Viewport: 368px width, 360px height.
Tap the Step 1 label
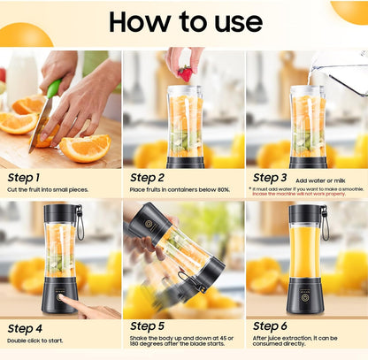click(x=24, y=177)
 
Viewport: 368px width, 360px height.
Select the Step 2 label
click(x=148, y=177)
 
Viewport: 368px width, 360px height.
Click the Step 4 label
click(x=25, y=328)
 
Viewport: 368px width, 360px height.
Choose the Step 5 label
click(x=148, y=326)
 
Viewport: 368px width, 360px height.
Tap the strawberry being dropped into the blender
click(x=184, y=73)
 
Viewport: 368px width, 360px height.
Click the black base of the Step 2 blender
click(x=185, y=162)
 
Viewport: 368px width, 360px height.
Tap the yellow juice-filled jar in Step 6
click(x=305, y=252)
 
